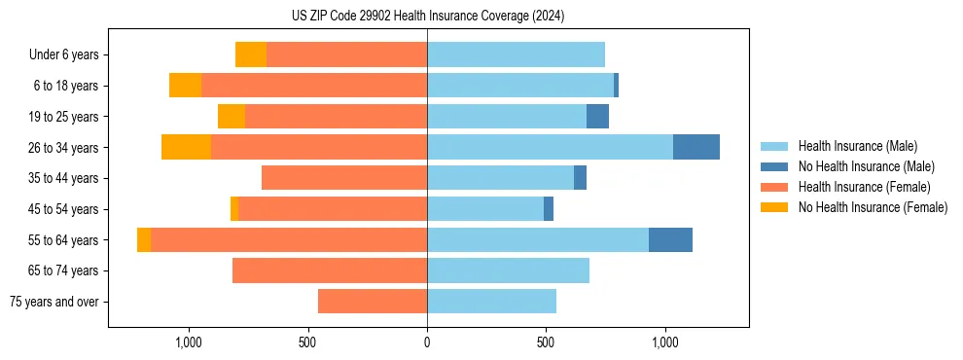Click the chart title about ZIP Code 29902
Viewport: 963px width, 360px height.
pyautogui.click(x=427, y=17)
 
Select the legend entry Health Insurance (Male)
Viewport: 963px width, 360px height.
pyautogui.click(x=857, y=146)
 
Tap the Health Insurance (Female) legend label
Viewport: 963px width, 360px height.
pyautogui.click(x=864, y=187)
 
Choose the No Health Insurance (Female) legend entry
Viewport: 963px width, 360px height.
pyautogui.click(x=873, y=207)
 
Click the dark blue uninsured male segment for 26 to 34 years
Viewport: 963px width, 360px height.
pyautogui.click(x=696, y=147)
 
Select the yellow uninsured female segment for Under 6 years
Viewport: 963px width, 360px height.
pyautogui.click(x=251, y=55)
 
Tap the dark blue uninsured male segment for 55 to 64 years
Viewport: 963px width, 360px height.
pyautogui.click(x=670, y=239)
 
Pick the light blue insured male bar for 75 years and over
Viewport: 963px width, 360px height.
pyautogui.click(x=491, y=302)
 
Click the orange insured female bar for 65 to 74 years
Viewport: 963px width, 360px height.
pyautogui.click(x=330, y=270)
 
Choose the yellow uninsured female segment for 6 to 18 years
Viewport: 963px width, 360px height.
pyautogui.click(x=185, y=86)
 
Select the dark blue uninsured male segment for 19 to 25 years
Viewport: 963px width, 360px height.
pyautogui.click(x=597, y=117)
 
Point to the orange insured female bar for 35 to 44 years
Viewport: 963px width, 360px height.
pyautogui.click(x=344, y=178)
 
